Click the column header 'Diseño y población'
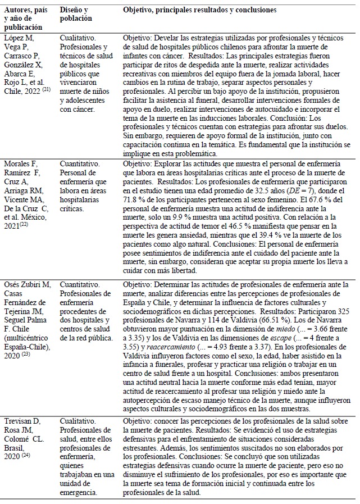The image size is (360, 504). (74, 15)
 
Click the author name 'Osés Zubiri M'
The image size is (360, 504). (24, 285)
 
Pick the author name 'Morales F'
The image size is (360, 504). (19, 163)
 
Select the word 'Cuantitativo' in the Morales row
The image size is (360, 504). (79, 163)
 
